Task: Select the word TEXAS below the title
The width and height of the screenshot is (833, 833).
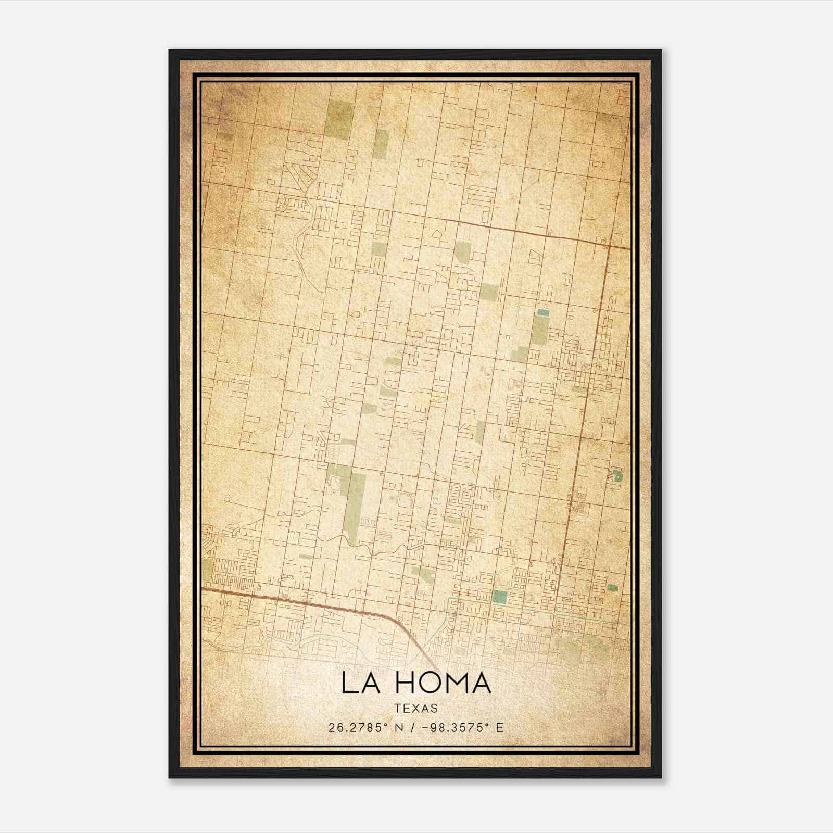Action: click(x=416, y=709)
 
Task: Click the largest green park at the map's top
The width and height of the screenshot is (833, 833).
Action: click(x=339, y=118)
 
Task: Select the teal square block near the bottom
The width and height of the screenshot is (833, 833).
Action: click(x=500, y=597)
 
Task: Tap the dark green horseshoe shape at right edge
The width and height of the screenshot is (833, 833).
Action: click(x=618, y=475)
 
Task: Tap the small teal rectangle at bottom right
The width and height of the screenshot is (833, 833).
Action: click(x=613, y=588)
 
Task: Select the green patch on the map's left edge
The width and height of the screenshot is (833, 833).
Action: click(x=208, y=570)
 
